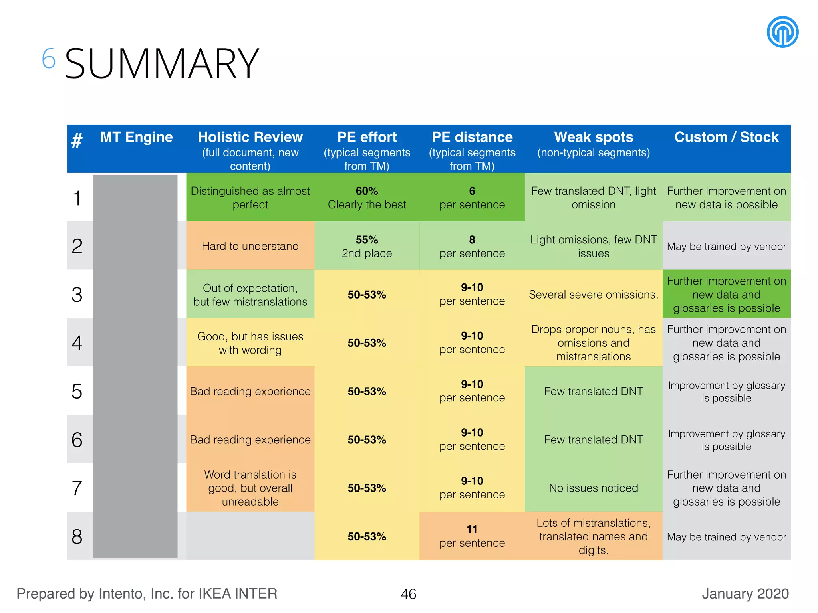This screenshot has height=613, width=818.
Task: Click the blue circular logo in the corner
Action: tap(782, 32)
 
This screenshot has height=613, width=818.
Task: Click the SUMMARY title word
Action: tap(162, 64)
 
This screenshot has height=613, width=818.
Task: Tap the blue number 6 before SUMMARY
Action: tap(48, 59)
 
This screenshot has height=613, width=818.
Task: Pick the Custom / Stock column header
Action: tap(726, 137)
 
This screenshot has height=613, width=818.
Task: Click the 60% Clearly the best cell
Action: tap(367, 198)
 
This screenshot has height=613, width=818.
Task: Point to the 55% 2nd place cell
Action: tap(367, 246)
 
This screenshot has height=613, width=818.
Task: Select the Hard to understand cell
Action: tap(250, 246)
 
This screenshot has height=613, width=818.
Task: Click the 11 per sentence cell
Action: tap(472, 536)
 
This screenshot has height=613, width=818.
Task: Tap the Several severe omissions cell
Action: tap(593, 295)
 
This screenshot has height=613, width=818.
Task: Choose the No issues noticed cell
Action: tap(593, 488)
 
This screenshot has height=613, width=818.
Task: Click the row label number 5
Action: tap(77, 392)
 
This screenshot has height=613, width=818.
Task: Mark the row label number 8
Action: tap(77, 536)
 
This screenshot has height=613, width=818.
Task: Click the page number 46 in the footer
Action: tap(408, 594)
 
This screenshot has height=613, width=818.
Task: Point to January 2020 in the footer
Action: tap(745, 594)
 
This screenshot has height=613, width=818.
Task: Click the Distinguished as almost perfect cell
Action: tap(250, 198)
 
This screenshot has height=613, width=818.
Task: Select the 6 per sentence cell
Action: tap(472, 198)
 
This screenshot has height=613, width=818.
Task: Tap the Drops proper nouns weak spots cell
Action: tap(593, 343)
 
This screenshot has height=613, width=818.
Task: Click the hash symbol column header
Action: tap(77, 140)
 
